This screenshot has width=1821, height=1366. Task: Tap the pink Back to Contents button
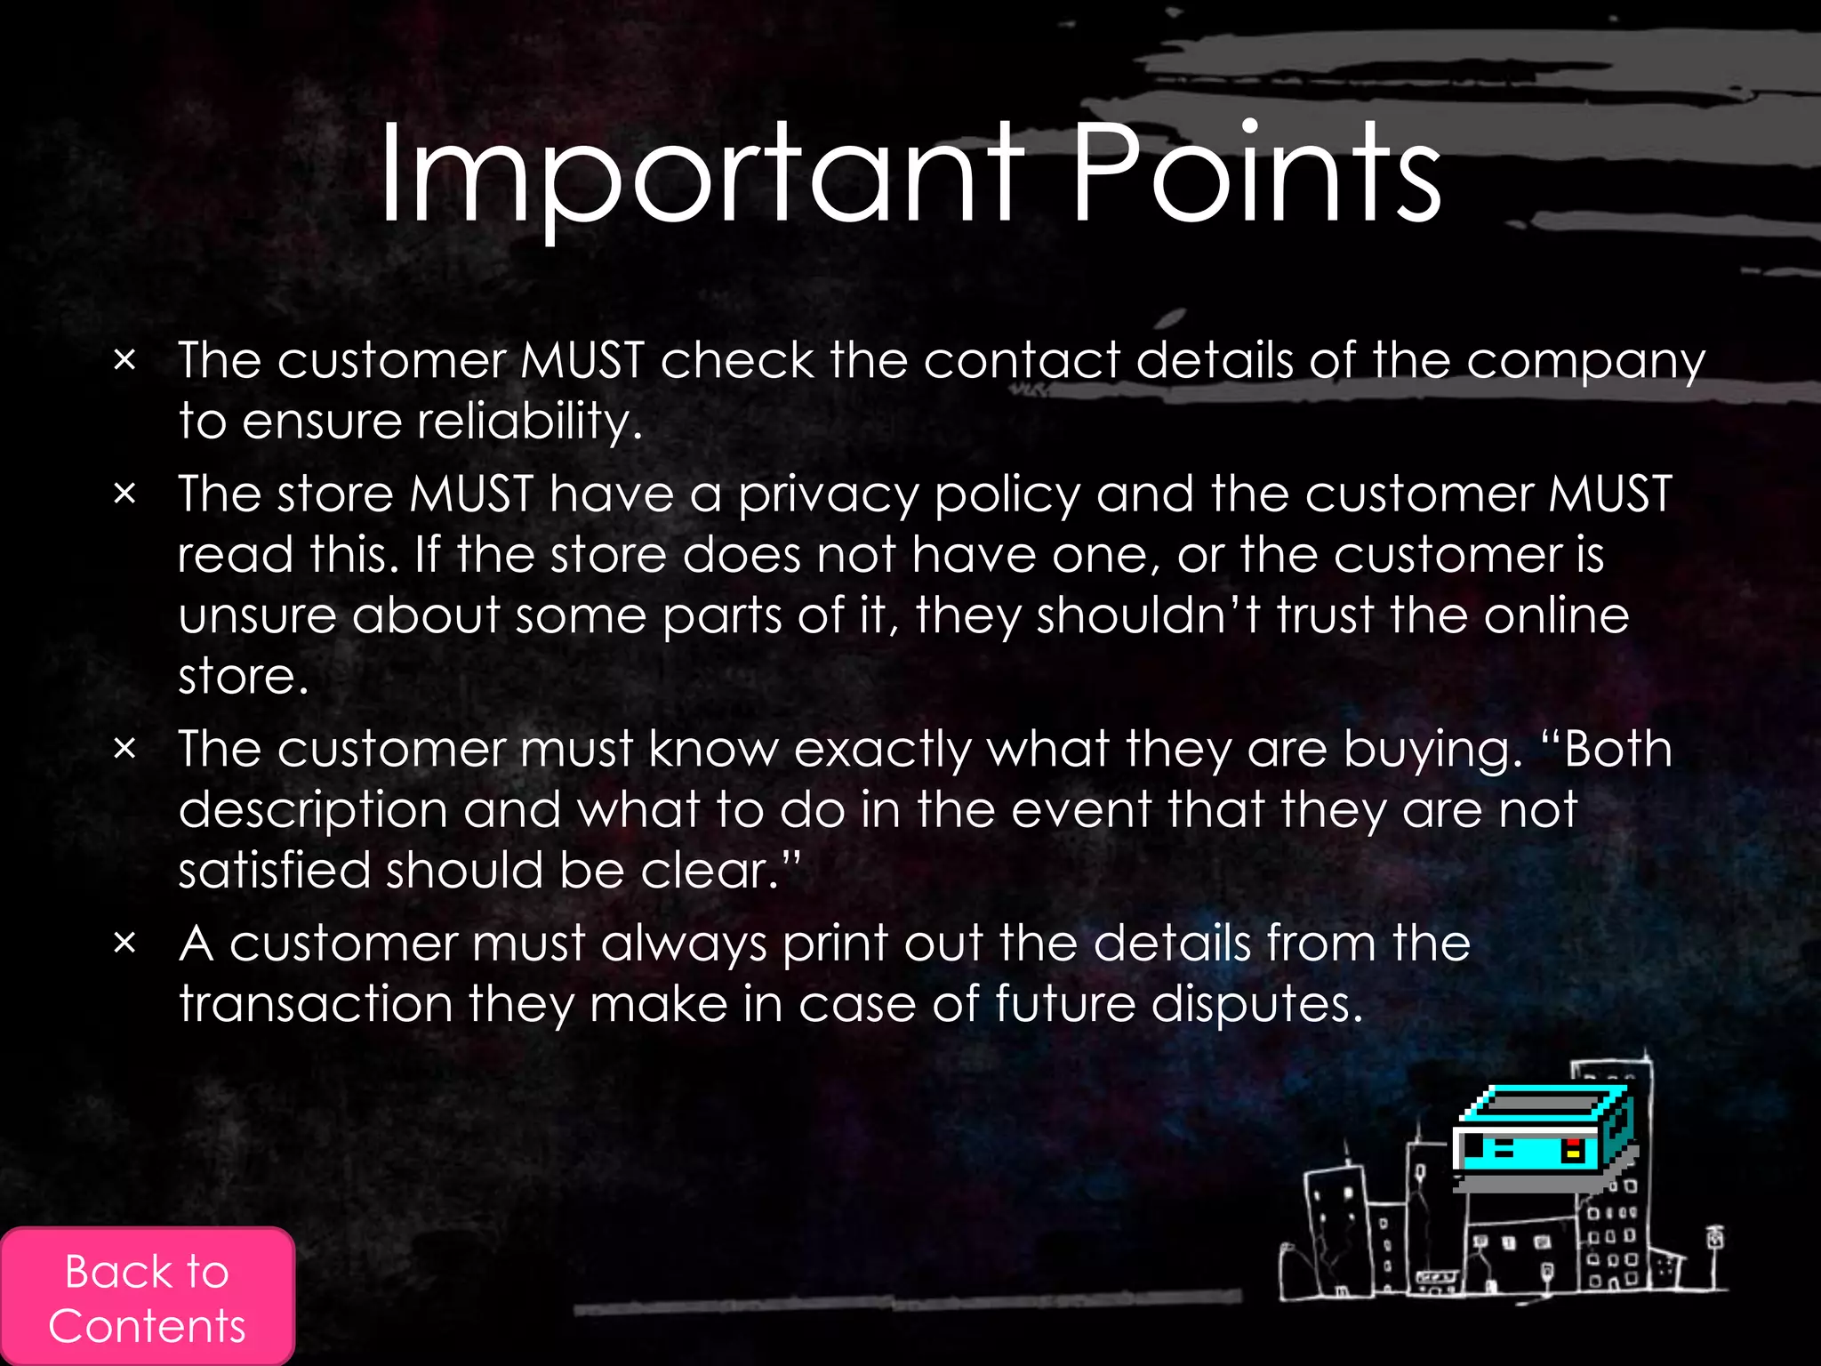coord(147,1297)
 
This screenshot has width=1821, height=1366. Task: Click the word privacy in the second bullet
coord(828,495)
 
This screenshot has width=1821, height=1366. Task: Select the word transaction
coord(316,1005)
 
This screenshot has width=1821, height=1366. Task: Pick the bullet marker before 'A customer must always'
coord(125,943)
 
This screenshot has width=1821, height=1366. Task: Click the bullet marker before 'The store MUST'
coord(125,494)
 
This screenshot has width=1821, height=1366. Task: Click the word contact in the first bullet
coord(1022,360)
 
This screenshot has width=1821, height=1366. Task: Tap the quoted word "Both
coord(1605,749)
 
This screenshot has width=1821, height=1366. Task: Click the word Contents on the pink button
coord(147,1326)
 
